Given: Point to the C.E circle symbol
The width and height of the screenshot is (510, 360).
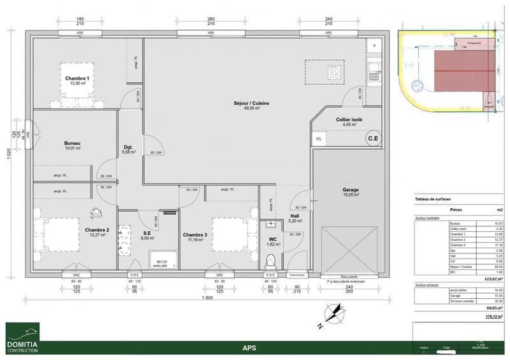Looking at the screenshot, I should [x=372, y=138].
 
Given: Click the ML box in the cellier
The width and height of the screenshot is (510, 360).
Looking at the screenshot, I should [x=319, y=138].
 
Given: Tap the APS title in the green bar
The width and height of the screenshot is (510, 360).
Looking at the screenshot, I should [x=249, y=348].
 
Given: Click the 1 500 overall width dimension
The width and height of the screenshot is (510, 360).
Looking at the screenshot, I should [x=207, y=298].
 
